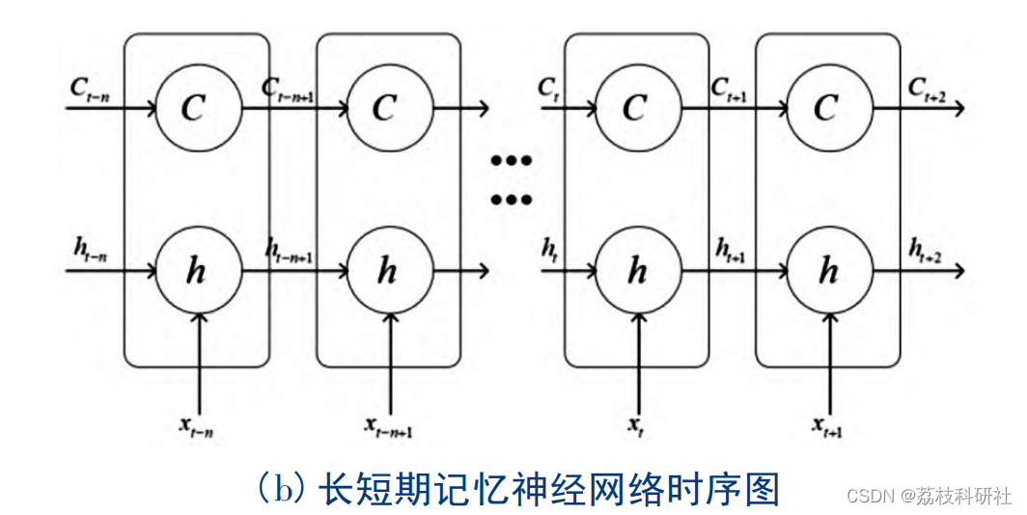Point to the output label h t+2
[926, 250]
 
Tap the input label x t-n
[196, 427]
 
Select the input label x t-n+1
[389, 426]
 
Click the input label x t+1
[828, 426]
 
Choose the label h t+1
[732, 250]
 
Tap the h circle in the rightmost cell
[827, 272]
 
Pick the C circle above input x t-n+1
[385, 107]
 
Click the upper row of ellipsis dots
[512, 161]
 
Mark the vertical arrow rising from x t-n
[197, 362]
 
